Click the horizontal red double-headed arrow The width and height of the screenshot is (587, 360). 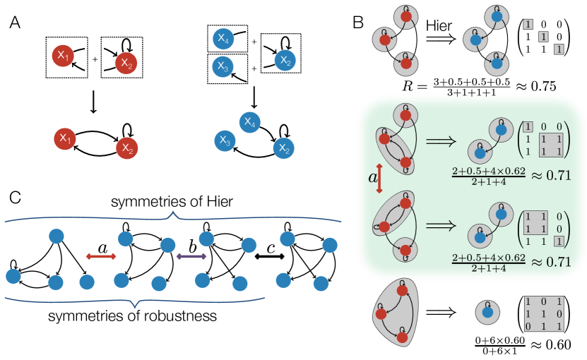(x=101, y=257)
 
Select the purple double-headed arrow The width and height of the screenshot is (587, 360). (x=191, y=256)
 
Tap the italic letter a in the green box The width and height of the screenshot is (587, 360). (x=373, y=177)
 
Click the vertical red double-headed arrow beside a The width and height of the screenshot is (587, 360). (x=380, y=177)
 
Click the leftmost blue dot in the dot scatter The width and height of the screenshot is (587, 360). (x=13, y=276)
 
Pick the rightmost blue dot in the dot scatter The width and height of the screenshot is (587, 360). (x=330, y=245)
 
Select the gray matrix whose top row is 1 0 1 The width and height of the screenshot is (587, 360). (x=544, y=313)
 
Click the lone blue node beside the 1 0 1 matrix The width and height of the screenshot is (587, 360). (x=487, y=312)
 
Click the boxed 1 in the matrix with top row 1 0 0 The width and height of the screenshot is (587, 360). (x=528, y=127)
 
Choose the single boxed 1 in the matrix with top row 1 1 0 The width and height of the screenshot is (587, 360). (x=558, y=241)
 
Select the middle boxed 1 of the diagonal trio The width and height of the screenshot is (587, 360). (x=543, y=37)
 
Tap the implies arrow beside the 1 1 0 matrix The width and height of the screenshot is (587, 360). (x=440, y=225)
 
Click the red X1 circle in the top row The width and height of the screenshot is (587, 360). (x=63, y=56)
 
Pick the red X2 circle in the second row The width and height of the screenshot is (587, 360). (x=127, y=148)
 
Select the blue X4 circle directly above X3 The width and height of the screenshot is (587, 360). (x=223, y=39)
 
